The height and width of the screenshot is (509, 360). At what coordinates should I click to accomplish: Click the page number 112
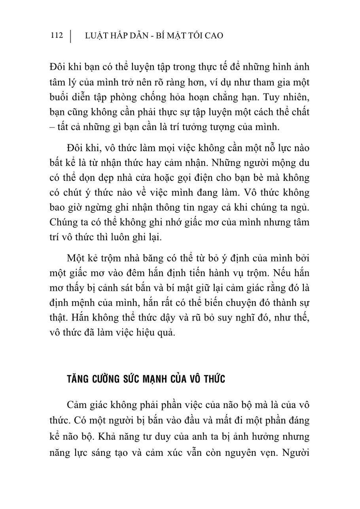tap(57, 36)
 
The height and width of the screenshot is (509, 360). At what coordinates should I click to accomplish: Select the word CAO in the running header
tap(214, 36)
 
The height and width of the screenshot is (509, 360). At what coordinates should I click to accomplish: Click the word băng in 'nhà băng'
tap(145, 258)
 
